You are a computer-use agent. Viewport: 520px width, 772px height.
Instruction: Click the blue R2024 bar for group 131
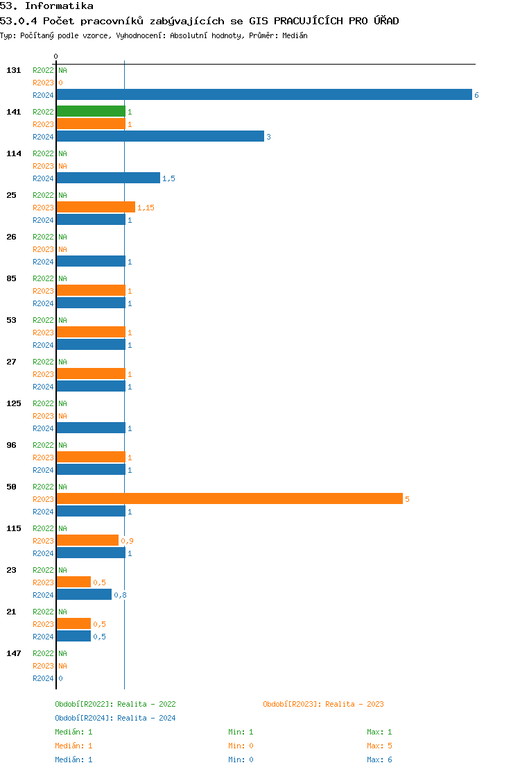coord(263,94)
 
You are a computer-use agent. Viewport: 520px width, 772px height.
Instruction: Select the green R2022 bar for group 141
coord(91,111)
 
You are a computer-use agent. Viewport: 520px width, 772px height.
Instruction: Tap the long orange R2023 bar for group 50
coord(229,498)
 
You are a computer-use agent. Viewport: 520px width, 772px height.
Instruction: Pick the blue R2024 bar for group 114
coord(108,178)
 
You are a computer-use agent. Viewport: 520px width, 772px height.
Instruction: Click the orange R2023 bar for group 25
coord(96,207)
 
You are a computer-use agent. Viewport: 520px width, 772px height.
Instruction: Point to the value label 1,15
coord(146,208)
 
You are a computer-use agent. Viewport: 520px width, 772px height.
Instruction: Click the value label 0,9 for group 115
coord(127,541)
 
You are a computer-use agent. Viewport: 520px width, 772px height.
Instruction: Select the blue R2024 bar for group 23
coord(84,594)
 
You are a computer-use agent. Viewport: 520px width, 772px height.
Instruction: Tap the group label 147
coord(14,653)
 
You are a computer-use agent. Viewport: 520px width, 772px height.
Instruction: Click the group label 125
coord(14,403)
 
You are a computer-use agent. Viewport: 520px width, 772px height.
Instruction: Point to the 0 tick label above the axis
coord(56,56)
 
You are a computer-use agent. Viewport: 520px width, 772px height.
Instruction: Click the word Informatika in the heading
coord(59,6)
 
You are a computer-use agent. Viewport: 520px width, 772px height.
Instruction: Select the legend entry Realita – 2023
coord(354,704)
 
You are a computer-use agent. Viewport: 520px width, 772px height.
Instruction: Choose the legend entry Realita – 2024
coord(146,718)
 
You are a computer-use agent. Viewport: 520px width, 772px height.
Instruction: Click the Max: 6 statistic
coord(379,760)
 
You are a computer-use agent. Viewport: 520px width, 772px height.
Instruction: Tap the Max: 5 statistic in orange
coord(379,746)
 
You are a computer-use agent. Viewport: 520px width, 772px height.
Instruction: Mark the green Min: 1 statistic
coord(241,732)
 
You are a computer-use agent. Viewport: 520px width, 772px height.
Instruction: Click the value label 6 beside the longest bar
coord(476,95)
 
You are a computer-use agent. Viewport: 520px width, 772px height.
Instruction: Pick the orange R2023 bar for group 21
coord(73,623)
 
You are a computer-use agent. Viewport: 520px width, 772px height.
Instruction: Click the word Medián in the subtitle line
coord(295,35)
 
